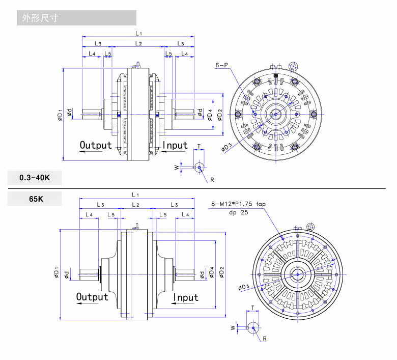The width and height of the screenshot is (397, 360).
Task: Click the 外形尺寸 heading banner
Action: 76,18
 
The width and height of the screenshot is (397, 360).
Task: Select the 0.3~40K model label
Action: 35,178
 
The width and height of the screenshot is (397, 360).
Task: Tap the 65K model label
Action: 36,199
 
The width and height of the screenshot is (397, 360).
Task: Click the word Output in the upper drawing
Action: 96,145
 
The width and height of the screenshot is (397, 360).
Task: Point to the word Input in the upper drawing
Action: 175,145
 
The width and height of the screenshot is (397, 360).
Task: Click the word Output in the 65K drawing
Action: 92,297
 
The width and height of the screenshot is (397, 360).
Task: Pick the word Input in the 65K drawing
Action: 186,297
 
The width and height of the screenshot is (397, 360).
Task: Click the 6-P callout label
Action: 221,65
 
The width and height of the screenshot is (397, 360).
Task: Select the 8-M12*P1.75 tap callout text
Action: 238,204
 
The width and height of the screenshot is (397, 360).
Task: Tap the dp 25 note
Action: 239,212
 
